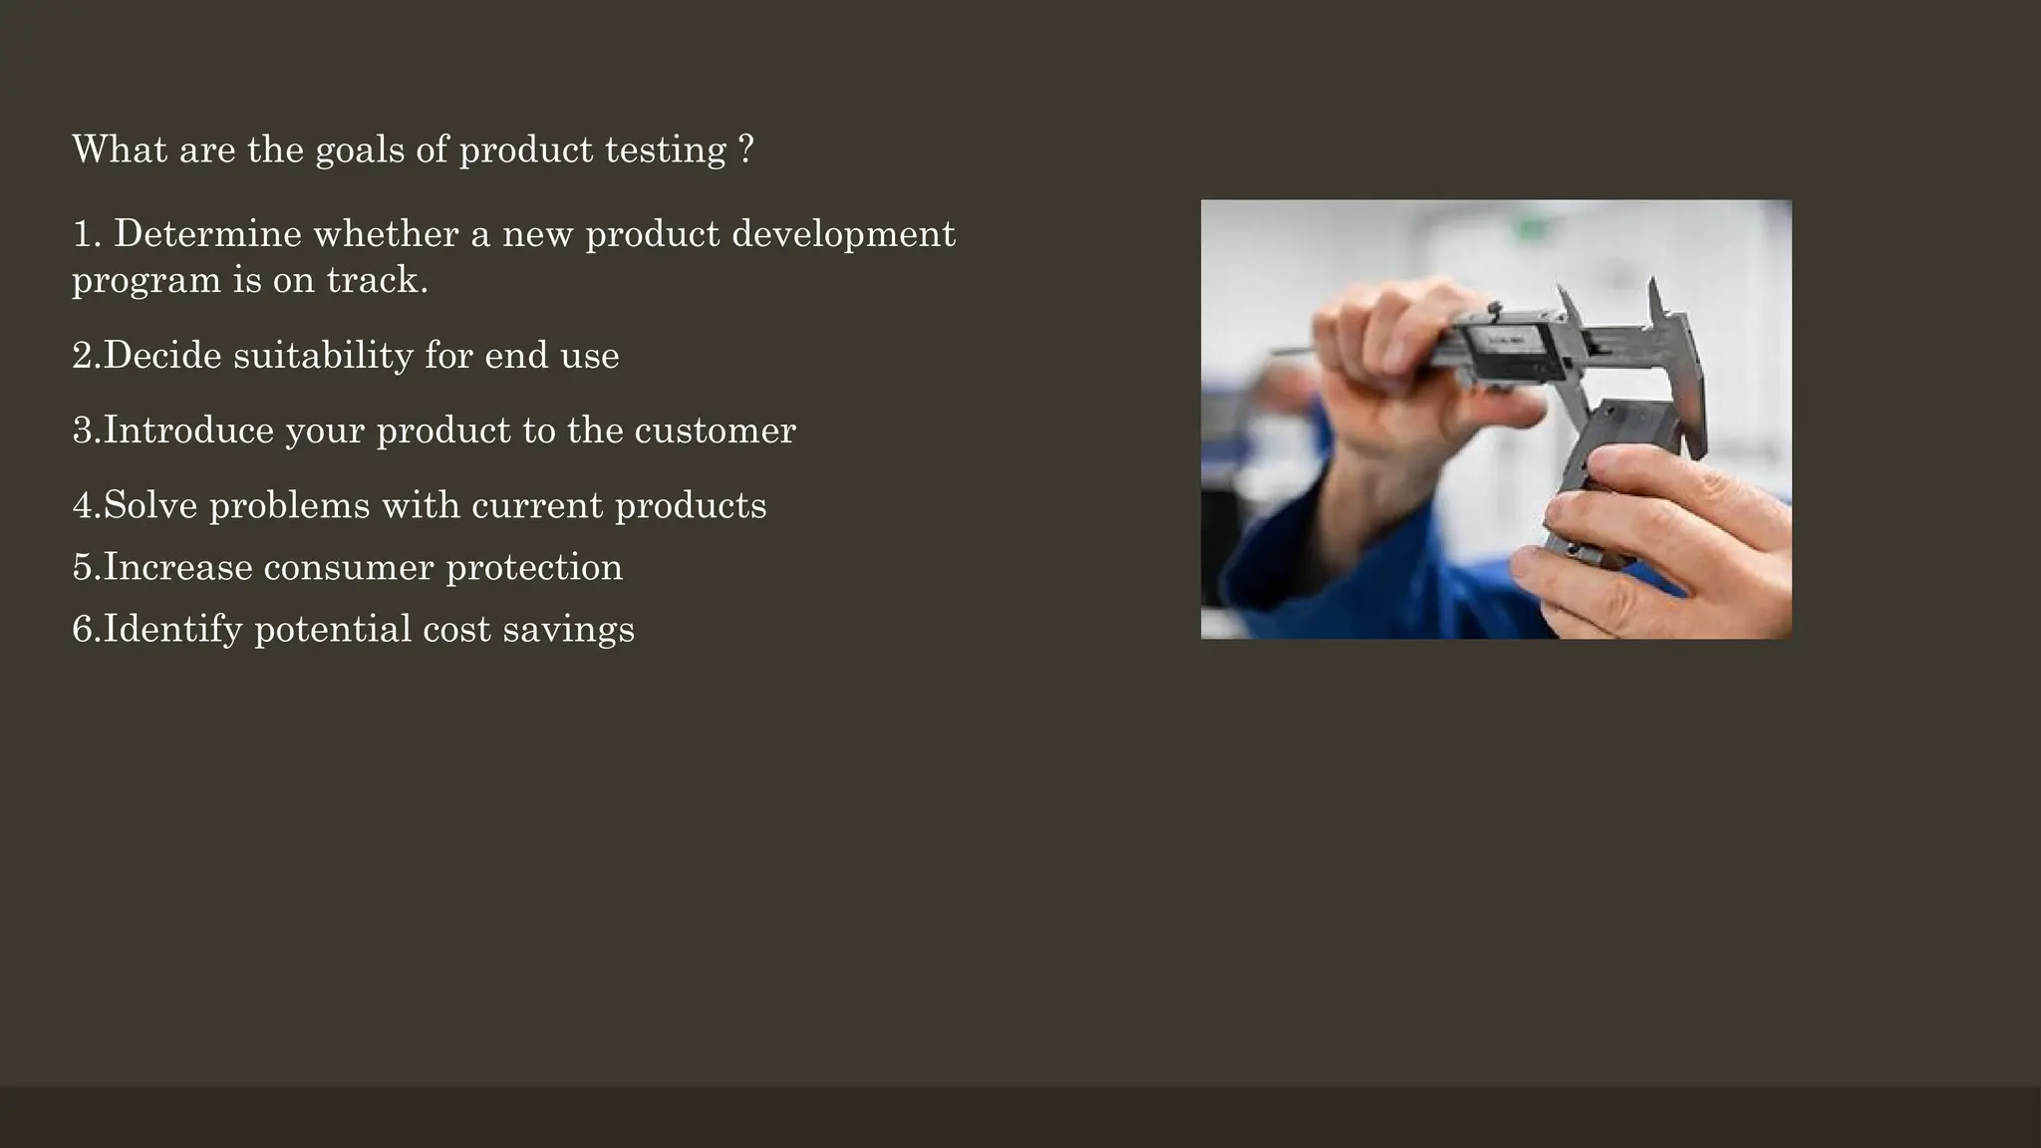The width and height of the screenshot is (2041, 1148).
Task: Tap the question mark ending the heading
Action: [746, 150]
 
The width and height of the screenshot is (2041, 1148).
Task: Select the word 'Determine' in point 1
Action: [207, 234]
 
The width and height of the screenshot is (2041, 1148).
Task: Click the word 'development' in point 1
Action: [843, 234]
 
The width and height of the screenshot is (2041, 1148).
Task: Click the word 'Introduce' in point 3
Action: [188, 430]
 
